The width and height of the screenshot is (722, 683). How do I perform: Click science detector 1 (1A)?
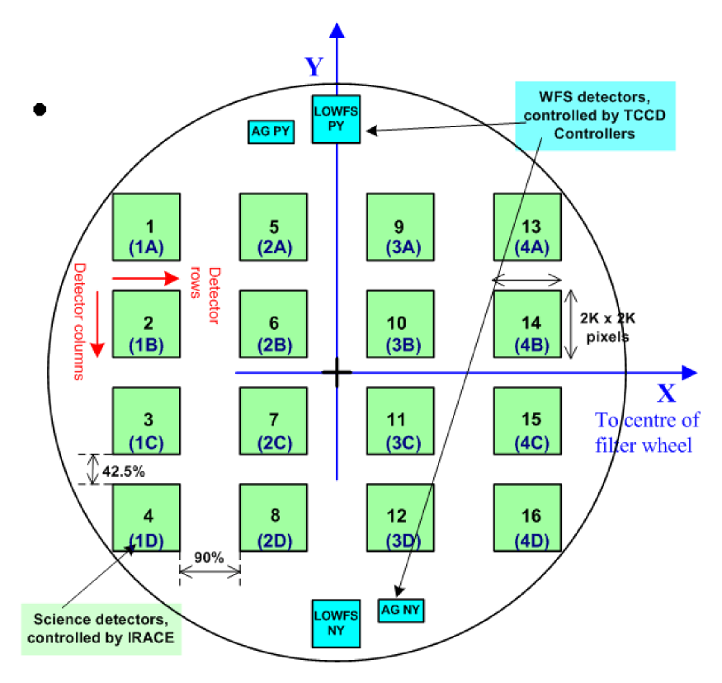click(x=146, y=227)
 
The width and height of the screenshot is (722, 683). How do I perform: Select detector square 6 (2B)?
click(x=273, y=324)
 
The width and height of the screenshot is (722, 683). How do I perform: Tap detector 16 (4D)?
click(x=527, y=517)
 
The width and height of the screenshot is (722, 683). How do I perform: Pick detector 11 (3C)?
click(x=400, y=421)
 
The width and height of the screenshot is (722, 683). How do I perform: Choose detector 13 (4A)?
click(x=527, y=227)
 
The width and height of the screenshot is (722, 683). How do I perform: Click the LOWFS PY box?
click(x=337, y=119)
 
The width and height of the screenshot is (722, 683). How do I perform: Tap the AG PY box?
click(x=271, y=131)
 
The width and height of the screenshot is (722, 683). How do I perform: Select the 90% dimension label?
click(x=210, y=558)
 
